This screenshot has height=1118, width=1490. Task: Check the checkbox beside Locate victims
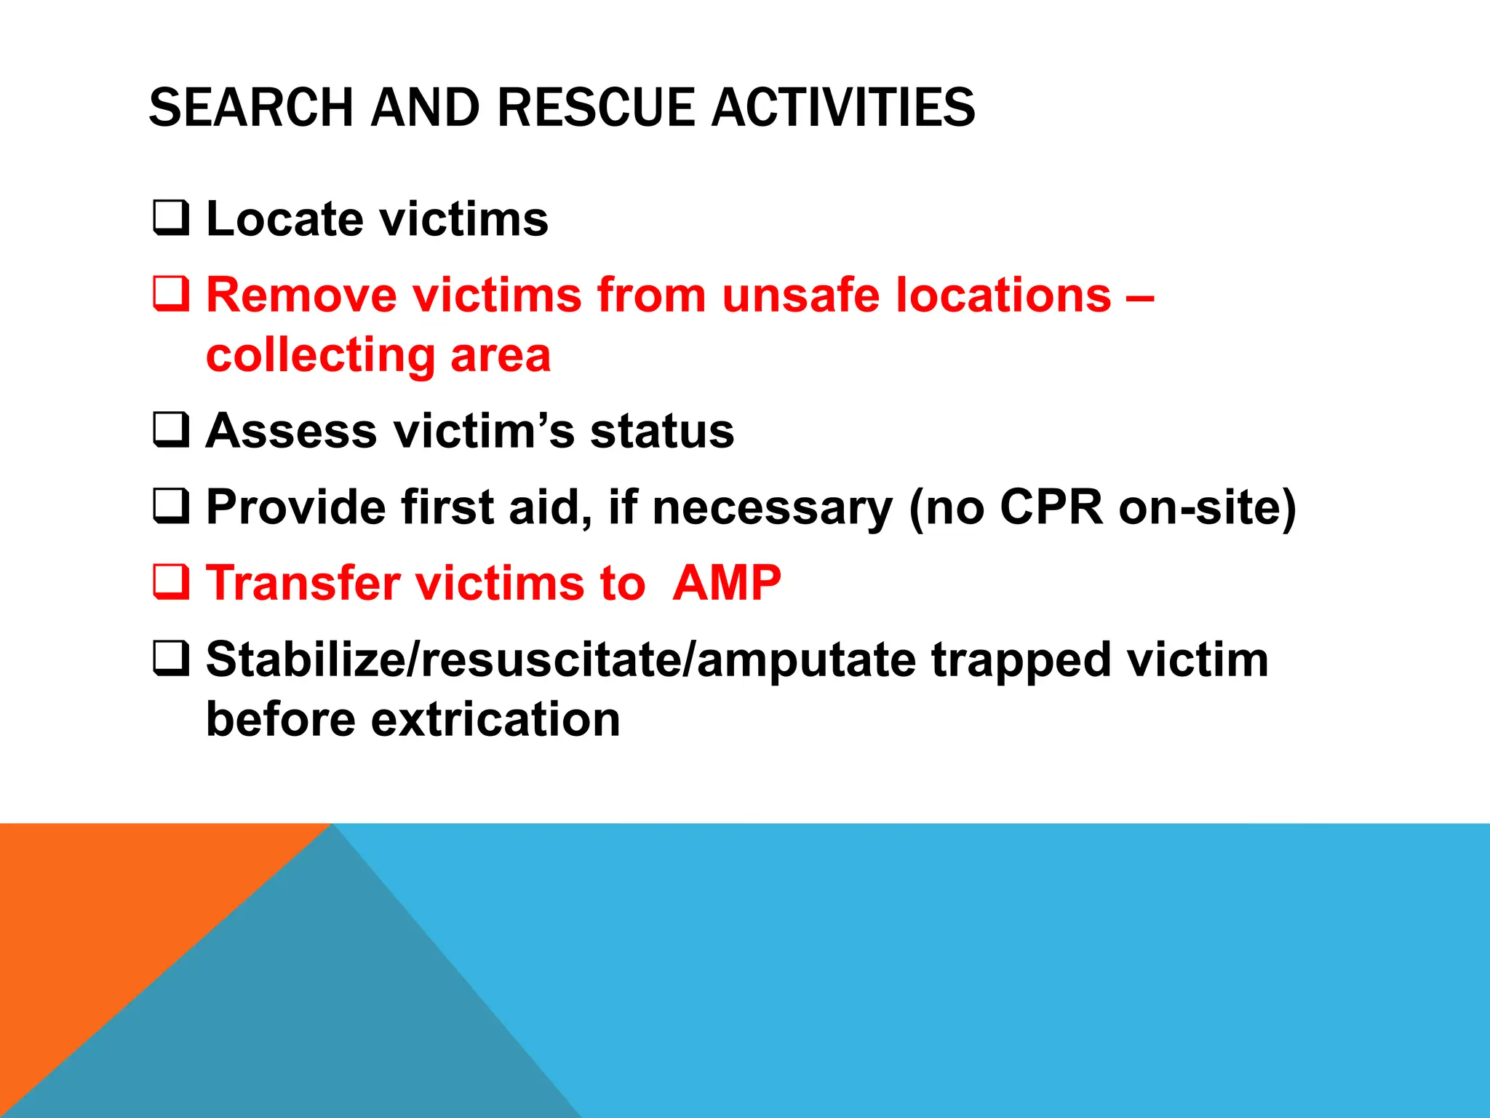coord(171,218)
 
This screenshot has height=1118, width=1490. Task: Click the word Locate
coord(284,219)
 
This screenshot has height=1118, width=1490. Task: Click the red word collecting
coord(320,356)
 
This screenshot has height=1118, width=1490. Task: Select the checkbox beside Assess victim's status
coord(171,429)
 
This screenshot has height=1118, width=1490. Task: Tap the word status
coord(662,431)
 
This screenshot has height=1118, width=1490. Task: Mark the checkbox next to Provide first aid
coord(171,506)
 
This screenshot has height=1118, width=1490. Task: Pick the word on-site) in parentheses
coord(1208,507)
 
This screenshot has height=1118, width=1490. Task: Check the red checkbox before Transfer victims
coord(171,582)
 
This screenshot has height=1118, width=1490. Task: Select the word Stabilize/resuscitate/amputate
coord(560,660)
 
